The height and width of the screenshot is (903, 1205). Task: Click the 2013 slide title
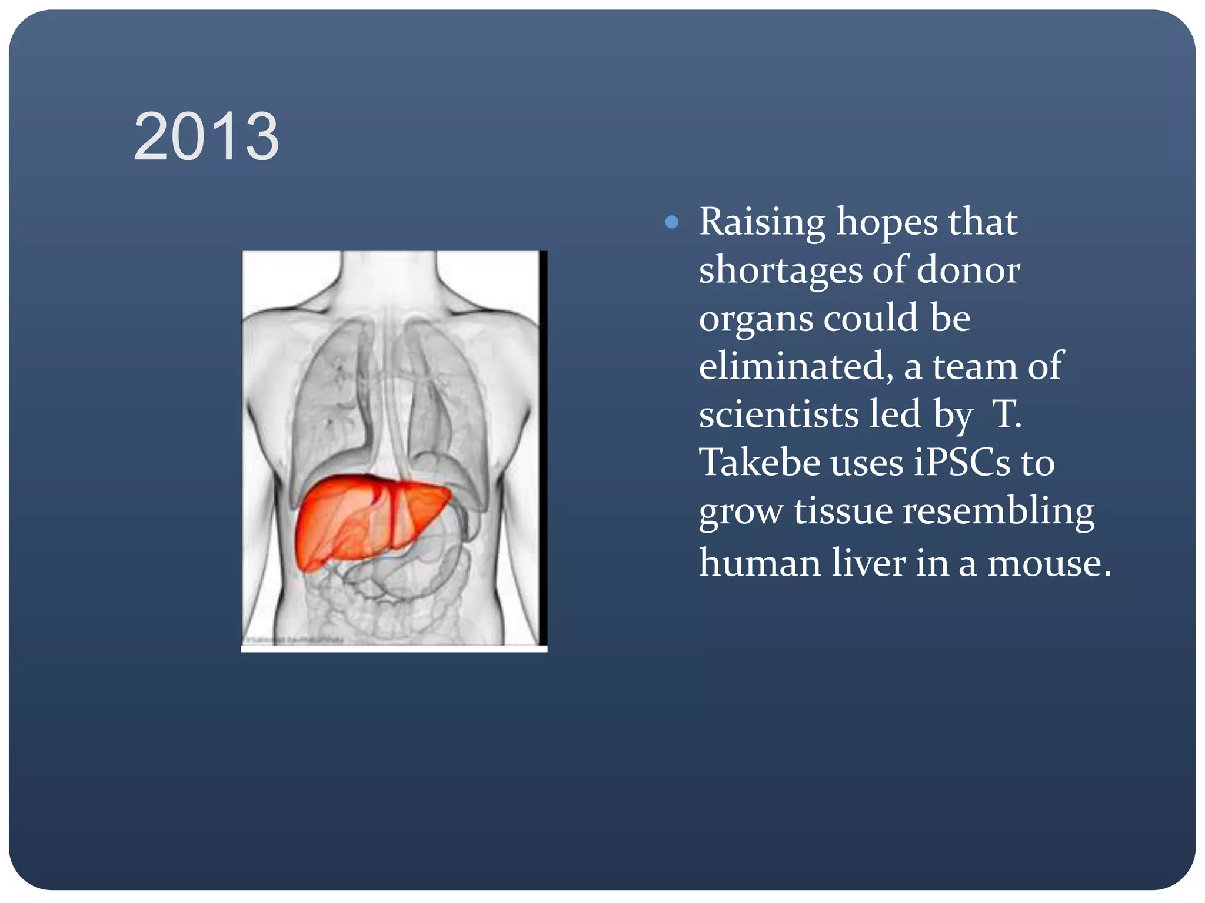tap(206, 137)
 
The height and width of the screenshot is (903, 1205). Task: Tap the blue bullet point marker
tap(671, 222)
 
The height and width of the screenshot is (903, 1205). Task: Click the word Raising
tap(762, 222)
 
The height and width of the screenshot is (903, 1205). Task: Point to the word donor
tap(968, 270)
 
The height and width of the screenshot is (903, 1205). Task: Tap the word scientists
tap(778, 414)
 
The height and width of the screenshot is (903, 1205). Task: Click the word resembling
tap(998, 511)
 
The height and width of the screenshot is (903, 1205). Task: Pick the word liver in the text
tap(867, 563)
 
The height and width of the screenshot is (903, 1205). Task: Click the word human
tap(760, 563)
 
